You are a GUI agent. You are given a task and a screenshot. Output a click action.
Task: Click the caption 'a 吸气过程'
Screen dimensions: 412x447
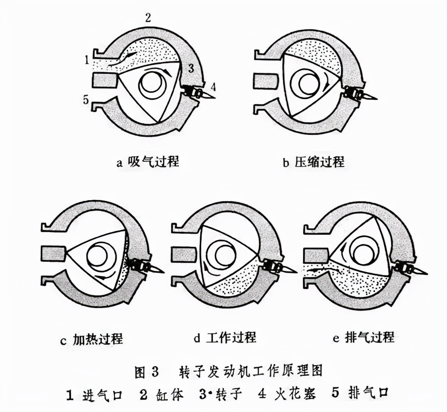tap(148, 161)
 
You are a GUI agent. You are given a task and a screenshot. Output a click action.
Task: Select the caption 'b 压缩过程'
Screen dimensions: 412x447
tap(313, 161)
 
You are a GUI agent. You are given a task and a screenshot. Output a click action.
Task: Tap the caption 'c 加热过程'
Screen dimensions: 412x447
tap(91, 339)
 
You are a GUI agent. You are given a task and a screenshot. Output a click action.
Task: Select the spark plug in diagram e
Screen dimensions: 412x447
tap(407, 269)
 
